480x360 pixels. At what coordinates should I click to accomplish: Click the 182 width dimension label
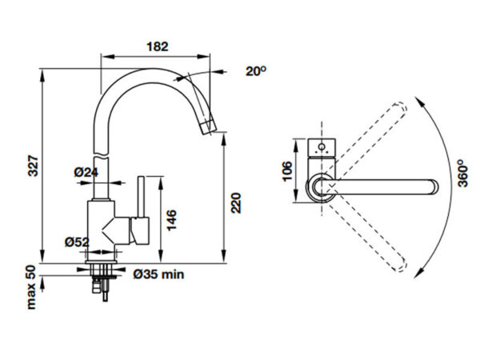click(158, 46)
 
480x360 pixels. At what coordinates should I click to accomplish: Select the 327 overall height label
click(33, 166)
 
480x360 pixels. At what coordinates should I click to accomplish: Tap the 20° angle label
click(256, 71)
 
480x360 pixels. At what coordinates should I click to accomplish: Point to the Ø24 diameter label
click(86, 172)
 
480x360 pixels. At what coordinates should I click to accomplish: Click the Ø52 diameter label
click(77, 242)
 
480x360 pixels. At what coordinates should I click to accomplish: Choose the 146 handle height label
click(171, 220)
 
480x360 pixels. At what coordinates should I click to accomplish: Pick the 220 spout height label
click(236, 203)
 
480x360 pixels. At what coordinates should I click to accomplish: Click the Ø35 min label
click(158, 274)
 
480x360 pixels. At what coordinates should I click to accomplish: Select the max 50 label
click(31, 287)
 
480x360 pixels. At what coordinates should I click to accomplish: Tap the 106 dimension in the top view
click(287, 171)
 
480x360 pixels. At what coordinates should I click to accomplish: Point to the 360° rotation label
click(463, 174)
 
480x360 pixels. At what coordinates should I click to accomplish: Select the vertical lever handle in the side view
click(141, 197)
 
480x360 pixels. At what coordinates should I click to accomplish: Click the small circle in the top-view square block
click(322, 147)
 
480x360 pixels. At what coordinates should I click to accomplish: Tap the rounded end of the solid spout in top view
click(434, 187)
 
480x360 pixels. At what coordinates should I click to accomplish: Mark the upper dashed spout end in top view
click(401, 108)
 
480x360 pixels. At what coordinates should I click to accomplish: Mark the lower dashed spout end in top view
click(400, 265)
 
